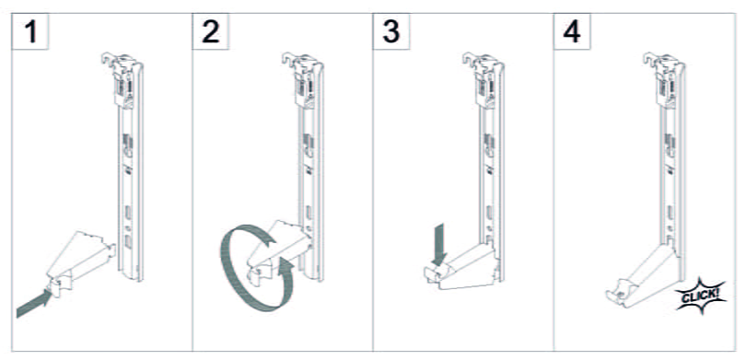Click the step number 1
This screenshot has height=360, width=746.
coord(31,32)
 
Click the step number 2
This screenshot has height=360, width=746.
coord(211,32)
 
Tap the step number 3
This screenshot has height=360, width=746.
coord(391,32)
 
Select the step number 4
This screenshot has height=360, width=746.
coord(571,32)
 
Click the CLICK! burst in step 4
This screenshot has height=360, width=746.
coord(701,296)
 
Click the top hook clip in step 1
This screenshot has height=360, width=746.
coord(122,78)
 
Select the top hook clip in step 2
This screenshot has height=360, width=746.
coord(304,78)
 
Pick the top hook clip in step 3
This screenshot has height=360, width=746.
coord(484,78)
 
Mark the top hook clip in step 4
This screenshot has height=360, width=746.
coord(664,78)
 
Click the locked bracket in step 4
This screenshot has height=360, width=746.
coord(642,277)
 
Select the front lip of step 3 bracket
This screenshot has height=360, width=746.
coord(431,275)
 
